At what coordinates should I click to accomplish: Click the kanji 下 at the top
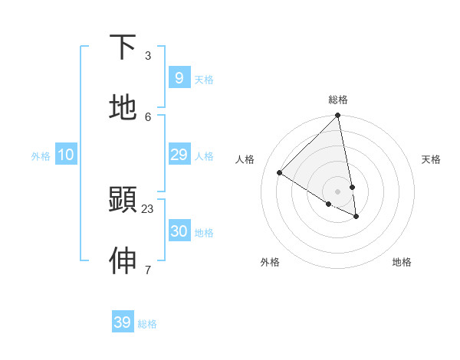(123, 47)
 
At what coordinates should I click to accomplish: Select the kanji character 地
(123, 108)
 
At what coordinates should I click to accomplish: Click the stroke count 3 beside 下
(148, 56)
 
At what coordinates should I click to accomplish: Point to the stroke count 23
(148, 208)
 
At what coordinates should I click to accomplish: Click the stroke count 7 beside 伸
(148, 270)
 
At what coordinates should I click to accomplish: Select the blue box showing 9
(179, 77)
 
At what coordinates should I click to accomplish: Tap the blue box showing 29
(179, 155)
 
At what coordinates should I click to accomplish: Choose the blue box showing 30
(179, 231)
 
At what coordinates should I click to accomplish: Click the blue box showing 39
(123, 322)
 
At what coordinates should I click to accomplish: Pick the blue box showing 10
(66, 155)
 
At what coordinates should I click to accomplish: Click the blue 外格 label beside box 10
(41, 156)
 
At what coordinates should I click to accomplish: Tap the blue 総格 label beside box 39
(147, 325)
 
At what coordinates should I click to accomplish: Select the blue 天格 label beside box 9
(204, 80)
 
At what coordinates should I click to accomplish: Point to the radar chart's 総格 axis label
(338, 100)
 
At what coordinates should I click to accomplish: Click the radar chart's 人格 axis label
(245, 159)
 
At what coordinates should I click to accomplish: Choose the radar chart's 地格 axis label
(402, 262)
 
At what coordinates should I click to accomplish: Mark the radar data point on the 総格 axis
(337, 116)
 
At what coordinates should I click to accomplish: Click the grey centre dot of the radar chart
(337, 191)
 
